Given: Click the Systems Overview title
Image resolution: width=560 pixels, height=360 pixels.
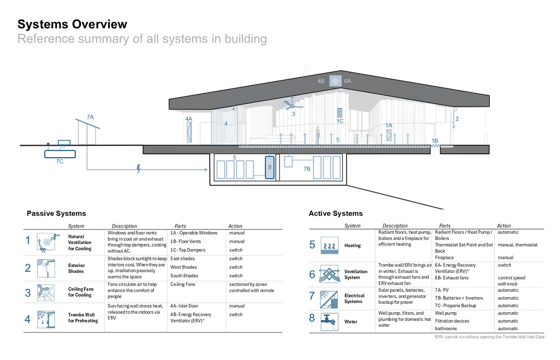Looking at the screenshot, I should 72,24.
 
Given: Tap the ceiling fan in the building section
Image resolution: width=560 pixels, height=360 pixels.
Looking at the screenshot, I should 292,105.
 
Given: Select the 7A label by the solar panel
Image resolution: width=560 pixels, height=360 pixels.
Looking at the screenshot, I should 90,117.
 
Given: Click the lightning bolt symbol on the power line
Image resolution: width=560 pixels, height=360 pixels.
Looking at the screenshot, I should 138,169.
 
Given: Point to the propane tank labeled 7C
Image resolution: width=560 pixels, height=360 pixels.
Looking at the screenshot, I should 60,153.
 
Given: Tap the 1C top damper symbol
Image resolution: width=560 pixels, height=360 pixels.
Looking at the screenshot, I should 339,112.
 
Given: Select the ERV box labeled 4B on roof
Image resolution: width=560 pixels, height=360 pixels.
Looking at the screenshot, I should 335,81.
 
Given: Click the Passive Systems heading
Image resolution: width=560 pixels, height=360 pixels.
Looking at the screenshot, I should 56,214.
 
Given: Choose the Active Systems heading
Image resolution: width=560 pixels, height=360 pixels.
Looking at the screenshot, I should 336,214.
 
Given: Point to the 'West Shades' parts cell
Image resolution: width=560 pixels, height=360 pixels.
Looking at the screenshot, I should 184,267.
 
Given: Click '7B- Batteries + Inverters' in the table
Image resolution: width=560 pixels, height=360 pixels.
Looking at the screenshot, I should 459,298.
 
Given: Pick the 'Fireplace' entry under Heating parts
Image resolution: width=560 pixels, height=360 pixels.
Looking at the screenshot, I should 444,258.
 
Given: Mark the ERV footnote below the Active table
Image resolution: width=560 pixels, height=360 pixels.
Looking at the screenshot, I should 489,337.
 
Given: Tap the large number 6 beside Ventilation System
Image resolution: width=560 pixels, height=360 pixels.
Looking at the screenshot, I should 312,274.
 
